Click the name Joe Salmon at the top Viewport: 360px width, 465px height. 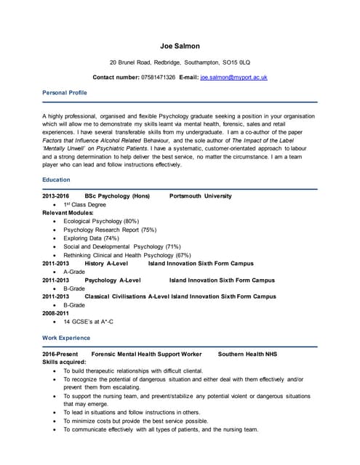180,46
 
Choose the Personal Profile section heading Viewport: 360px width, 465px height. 65,93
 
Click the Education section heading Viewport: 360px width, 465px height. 56,179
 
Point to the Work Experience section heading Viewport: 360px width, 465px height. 66,338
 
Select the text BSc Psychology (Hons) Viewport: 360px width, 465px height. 117,196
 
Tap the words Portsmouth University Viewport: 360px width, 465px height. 200,196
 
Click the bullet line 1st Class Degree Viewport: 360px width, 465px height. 84,205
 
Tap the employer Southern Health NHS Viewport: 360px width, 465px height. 247,353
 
